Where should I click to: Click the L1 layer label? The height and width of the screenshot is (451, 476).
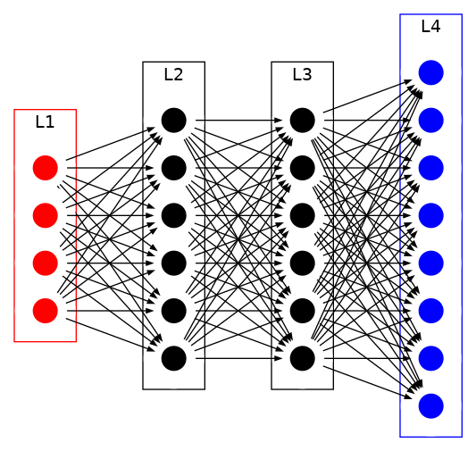point(45,122)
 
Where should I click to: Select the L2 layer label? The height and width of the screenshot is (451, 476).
point(173,74)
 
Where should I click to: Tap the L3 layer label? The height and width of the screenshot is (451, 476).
point(302,74)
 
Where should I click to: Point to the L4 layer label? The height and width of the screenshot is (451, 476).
point(430,26)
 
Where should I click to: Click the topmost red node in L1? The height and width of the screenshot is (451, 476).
point(45,167)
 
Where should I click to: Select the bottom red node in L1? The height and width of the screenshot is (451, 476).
point(45,310)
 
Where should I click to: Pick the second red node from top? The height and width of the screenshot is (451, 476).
point(45,215)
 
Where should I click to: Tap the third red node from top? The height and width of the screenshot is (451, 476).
point(45,263)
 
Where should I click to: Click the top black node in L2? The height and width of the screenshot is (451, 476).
point(173,120)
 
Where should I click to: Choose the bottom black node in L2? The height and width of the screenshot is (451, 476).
point(173,358)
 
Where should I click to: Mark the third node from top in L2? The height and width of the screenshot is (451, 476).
point(173,215)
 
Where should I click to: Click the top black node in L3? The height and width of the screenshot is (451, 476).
point(302,120)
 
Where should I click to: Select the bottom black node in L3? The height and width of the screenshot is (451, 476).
point(302,358)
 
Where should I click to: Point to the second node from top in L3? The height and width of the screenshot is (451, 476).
point(302,167)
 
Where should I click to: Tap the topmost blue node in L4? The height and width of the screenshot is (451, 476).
point(430,72)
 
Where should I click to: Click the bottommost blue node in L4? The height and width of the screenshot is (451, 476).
point(430,405)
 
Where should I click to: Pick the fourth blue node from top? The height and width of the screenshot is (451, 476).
point(430,215)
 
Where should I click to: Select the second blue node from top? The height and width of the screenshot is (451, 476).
point(430,120)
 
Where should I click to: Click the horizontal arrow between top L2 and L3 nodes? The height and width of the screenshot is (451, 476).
point(238,120)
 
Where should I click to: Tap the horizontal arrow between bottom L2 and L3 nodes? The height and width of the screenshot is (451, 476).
point(238,358)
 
